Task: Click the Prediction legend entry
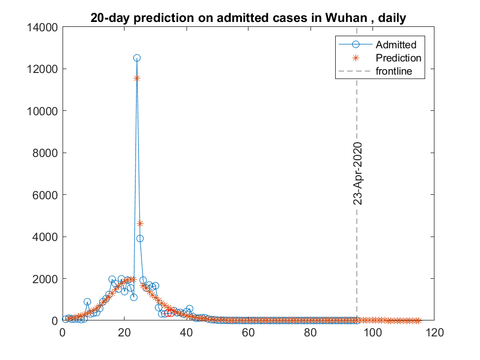tap(398, 58)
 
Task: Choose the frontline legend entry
tap(393, 71)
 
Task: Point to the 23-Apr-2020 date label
tap(358, 173)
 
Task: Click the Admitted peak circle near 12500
tap(137, 58)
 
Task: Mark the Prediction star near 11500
tap(137, 78)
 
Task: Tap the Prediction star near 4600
tap(140, 223)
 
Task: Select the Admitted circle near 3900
tap(140, 238)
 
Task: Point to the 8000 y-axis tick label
tap(45, 153)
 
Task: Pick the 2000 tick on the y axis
tap(45, 278)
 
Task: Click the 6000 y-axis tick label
tap(45, 195)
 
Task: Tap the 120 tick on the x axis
tap(434, 331)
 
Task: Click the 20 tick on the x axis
tap(125, 331)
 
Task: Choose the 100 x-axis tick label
tap(372, 331)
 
